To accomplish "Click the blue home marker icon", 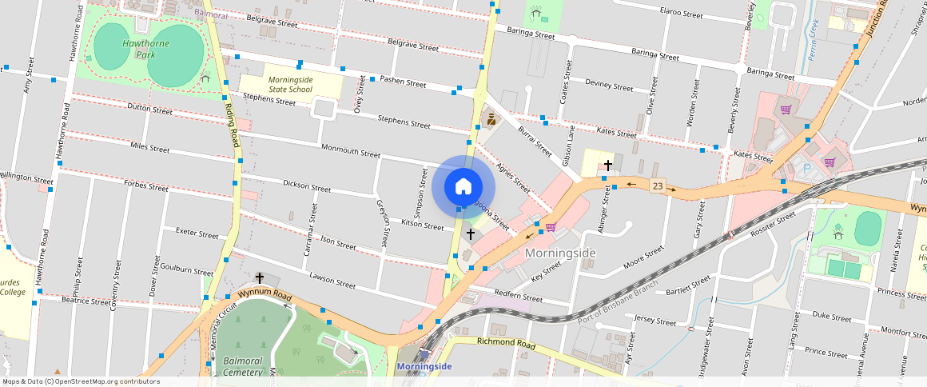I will (463, 186).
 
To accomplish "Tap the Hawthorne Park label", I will (145, 49).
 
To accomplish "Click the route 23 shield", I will (657, 186).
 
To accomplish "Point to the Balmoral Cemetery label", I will (243, 366).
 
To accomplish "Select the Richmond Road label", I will (505, 343).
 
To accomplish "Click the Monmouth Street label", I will (350, 150).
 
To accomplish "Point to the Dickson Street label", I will (306, 186).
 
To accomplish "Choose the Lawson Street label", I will (332, 282).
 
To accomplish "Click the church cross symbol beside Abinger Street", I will (608, 166).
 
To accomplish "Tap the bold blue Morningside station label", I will (424, 367).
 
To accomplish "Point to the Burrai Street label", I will (535, 140).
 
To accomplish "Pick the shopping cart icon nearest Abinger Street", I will (551, 227).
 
